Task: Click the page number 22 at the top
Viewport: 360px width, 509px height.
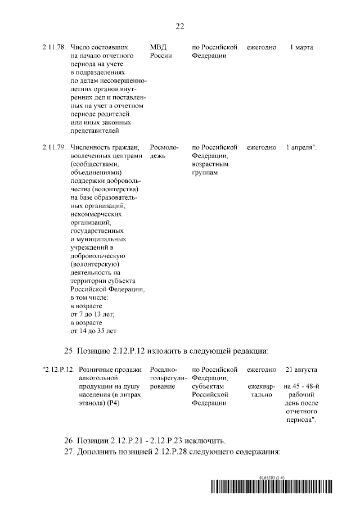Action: (180, 26)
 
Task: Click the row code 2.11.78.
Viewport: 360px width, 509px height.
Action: (54, 47)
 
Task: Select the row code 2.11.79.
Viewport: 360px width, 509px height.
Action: (54, 147)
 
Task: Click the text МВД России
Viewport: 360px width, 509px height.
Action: (161, 52)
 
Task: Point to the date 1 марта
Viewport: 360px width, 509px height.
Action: (301, 47)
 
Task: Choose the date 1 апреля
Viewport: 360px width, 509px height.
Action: (301, 147)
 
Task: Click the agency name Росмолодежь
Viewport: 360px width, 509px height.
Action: (164, 151)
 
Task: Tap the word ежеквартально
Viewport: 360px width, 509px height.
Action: (262, 391)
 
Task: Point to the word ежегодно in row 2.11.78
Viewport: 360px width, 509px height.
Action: (262, 47)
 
